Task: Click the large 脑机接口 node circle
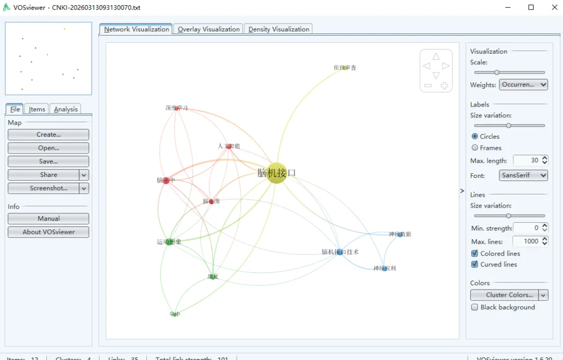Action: point(276,173)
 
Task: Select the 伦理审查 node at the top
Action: point(344,68)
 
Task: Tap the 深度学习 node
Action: point(177,109)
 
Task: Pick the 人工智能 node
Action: point(228,147)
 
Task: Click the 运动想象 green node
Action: point(169,242)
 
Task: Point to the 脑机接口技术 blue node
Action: point(339,252)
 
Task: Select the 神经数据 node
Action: point(400,234)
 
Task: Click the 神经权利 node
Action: point(385,269)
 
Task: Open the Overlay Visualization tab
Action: point(209,29)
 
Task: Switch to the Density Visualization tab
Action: point(279,29)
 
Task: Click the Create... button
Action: point(48,135)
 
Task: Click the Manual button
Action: point(48,219)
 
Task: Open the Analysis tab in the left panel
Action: point(66,109)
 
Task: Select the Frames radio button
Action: point(475,148)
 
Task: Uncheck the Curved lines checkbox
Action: point(475,264)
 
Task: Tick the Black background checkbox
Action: point(475,307)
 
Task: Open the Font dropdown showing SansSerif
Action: point(523,175)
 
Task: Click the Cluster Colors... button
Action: point(505,295)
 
